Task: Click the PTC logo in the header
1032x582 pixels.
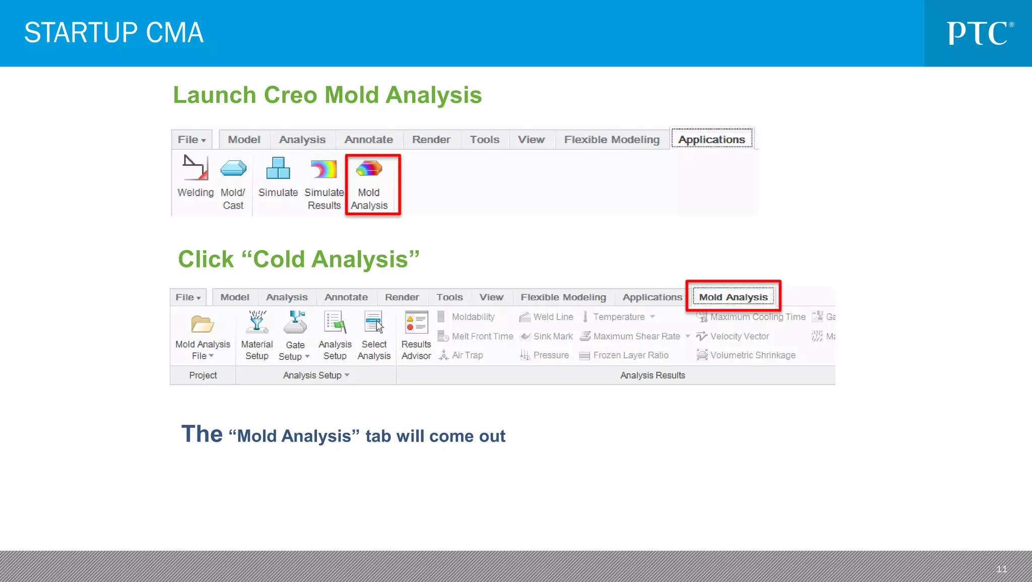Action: pyautogui.click(x=979, y=33)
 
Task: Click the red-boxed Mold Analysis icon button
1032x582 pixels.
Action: pyautogui.click(x=369, y=169)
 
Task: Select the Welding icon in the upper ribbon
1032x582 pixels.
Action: pyautogui.click(x=195, y=168)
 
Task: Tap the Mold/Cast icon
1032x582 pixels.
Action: pyautogui.click(x=233, y=168)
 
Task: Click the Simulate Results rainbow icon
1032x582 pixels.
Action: pyautogui.click(x=324, y=169)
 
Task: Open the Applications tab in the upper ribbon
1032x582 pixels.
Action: pyautogui.click(x=711, y=140)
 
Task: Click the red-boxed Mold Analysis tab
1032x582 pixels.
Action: pyautogui.click(x=733, y=297)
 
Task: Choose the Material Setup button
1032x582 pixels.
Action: pyautogui.click(x=257, y=323)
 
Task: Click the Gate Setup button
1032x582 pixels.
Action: pyautogui.click(x=295, y=323)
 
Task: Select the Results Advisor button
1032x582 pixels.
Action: pyautogui.click(x=416, y=323)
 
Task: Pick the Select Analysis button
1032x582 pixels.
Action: pyautogui.click(x=374, y=323)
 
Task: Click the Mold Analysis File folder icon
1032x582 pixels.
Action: pyautogui.click(x=203, y=324)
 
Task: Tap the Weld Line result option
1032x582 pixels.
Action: pyautogui.click(x=553, y=317)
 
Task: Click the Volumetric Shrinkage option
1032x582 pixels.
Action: pyautogui.click(x=752, y=355)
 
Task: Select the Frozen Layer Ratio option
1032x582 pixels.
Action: pyautogui.click(x=630, y=355)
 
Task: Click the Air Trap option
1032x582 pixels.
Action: pyautogui.click(x=467, y=355)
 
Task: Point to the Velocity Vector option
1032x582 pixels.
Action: pyautogui.click(x=739, y=337)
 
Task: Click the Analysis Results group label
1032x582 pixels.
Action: pyautogui.click(x=652, y=375)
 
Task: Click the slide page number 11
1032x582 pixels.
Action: pyautogui.click(x=1001, y=569)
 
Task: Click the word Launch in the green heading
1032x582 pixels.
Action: pyautogui.click(x=215, y=95)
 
